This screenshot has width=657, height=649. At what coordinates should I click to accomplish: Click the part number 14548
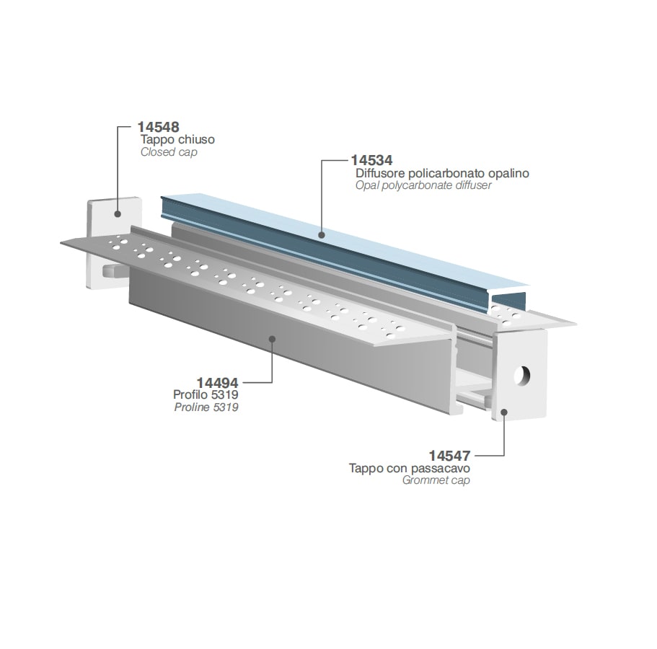point(159,127)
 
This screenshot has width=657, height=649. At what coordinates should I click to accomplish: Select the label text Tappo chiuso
point(177,139)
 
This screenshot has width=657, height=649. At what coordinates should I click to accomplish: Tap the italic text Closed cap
point(169,152)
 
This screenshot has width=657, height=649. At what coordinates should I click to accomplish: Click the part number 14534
point(371,161)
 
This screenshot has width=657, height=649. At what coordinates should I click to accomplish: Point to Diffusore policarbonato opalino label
point(443,173)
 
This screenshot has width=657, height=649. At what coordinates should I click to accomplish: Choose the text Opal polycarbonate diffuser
point(423,185)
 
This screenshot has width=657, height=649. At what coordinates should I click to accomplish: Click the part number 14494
point(218,382)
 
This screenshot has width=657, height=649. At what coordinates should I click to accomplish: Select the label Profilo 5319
point(206,394)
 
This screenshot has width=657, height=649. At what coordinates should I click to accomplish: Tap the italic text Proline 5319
point(206,407)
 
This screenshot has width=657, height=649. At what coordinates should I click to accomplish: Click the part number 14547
point(449,456)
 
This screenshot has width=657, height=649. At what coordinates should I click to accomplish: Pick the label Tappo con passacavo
point(410,468)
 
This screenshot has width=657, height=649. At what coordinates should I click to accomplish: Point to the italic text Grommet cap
point(436,480)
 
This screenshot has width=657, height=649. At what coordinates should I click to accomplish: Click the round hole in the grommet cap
point(522,376)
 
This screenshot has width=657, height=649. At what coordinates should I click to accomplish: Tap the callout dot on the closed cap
point(118,213)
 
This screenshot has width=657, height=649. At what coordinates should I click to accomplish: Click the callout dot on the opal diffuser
point(322,235)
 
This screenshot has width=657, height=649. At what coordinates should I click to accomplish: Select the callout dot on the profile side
point(272,337)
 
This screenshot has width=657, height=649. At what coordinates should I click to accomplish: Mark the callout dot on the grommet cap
point(504,412)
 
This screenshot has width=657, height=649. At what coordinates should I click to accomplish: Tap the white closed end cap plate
point(109,222)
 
